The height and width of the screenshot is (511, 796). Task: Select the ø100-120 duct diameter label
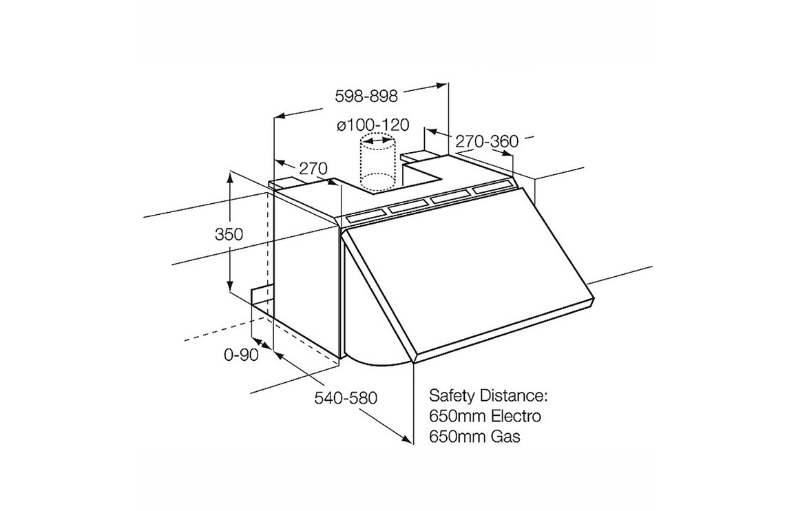click(x=373, y=125)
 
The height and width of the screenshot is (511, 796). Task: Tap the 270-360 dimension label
click(x=486, y=142)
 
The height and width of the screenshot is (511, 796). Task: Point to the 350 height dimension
click(x=229, y=234)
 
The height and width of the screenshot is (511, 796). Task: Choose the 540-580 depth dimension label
click(x=346, y=398)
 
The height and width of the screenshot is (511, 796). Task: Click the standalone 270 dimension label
click(x=313, y=168)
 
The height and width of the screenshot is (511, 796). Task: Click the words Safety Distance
click(x=487, y=396)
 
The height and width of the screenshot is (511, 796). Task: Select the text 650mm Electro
click(x=485, y=417)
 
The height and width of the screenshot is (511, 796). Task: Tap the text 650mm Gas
click(x=474, y=437)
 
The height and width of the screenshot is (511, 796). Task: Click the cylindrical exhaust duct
click(x=377, y=165)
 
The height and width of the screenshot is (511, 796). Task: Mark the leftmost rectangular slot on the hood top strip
click(x=365, y=216)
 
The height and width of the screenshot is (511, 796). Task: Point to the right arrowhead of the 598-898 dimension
click(x=443, y=85)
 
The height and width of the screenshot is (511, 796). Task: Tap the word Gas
click(x=506, y=437)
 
